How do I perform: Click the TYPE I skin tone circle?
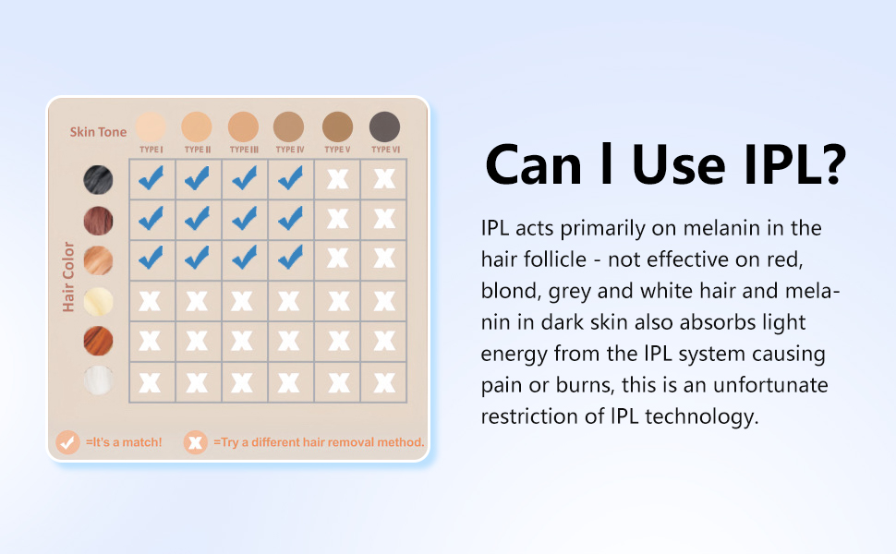pyautogui.click(x=151, y=126)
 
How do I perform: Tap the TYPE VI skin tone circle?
pyautogui.click(x=384, y=126)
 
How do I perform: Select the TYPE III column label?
pyautogui.click(x=244, y=150)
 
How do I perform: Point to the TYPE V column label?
pyautogui.click(x=337, y=150)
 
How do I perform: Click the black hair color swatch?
pyautogui.click(x=98, y=180)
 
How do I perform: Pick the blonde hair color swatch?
pyautogui.click(x=98, y=301)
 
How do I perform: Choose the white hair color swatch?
pyautogui.click(x=98, y=380)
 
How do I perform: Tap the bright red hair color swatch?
pyautogui.click(x=98, y=341)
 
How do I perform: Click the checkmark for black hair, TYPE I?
pyautogui.click(x=151, y=178)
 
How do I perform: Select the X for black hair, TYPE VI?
pyautogui.click(x=384, y=179)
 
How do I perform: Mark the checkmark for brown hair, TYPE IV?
pyautogui.click(x=290, y=218)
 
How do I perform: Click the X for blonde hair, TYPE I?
pyautogui.click(x=151, y=301)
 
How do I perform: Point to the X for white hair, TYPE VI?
pyautogui.click(x=384, y=382)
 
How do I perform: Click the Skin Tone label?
pyautogui.click(x=98, y=132)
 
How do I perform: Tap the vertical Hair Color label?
pyautogui.click(x=68, y=276)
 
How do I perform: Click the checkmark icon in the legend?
pyautogui.click(x=67, y=442)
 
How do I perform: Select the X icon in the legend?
pyautogui.click(x=195, y=442)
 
